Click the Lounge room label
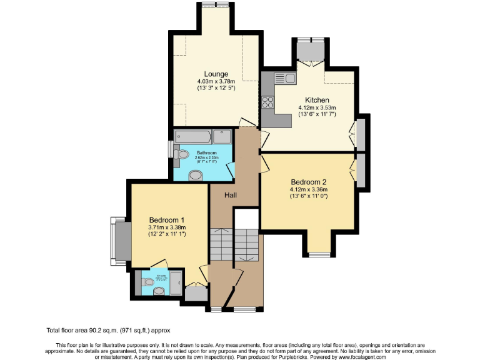216,74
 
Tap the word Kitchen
317,100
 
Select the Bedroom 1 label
166,219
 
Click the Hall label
231,196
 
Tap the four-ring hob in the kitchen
269,100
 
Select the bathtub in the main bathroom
194,137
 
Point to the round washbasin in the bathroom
196,176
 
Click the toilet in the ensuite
147,282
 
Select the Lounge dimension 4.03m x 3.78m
216,82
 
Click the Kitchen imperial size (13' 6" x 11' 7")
317,115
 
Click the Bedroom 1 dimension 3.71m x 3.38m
166,227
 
